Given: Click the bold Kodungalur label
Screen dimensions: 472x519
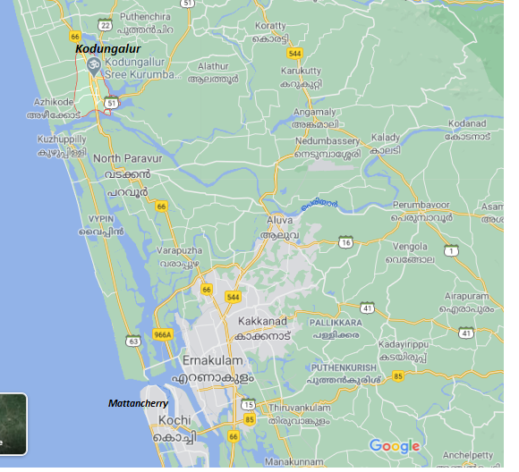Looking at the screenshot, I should coord(108,48).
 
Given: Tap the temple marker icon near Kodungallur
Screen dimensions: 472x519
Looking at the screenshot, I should coord(93,64).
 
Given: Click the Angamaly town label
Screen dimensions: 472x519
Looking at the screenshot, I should coord(315,112).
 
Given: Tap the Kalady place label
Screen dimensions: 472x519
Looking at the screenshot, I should coord(387,138).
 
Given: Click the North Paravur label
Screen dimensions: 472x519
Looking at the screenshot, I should coord(127,158).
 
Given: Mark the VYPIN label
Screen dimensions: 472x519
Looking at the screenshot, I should coord(102,217).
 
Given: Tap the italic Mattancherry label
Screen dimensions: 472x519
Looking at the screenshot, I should coord(138,404).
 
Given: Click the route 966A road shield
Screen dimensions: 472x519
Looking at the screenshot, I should coord(162,334).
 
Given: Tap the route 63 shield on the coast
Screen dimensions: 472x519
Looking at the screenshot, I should coord(133,341).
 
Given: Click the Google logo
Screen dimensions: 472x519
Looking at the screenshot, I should coord(394,446).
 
